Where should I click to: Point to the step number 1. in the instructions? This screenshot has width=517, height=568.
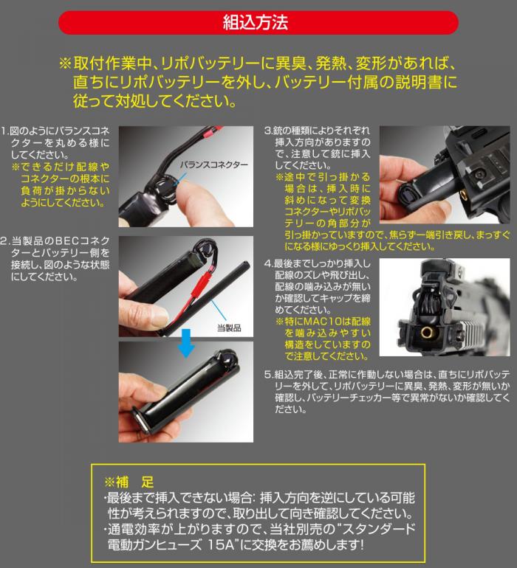pyautogui.click(x=6, y=131)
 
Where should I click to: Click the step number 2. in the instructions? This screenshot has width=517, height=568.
pyautogui.click(x=6, y=241)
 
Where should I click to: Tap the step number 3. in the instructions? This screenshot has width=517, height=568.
pyautogui.click(x=270, y=131)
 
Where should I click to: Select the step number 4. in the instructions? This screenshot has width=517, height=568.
pyautogui.click(x=270, y=263)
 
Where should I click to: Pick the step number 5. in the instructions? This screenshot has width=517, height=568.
pyautogui.click(x=270, y=374)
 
